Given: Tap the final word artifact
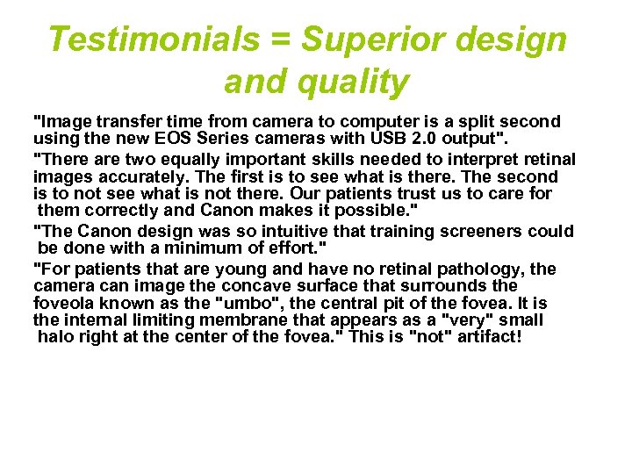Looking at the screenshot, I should coord(488,337).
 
